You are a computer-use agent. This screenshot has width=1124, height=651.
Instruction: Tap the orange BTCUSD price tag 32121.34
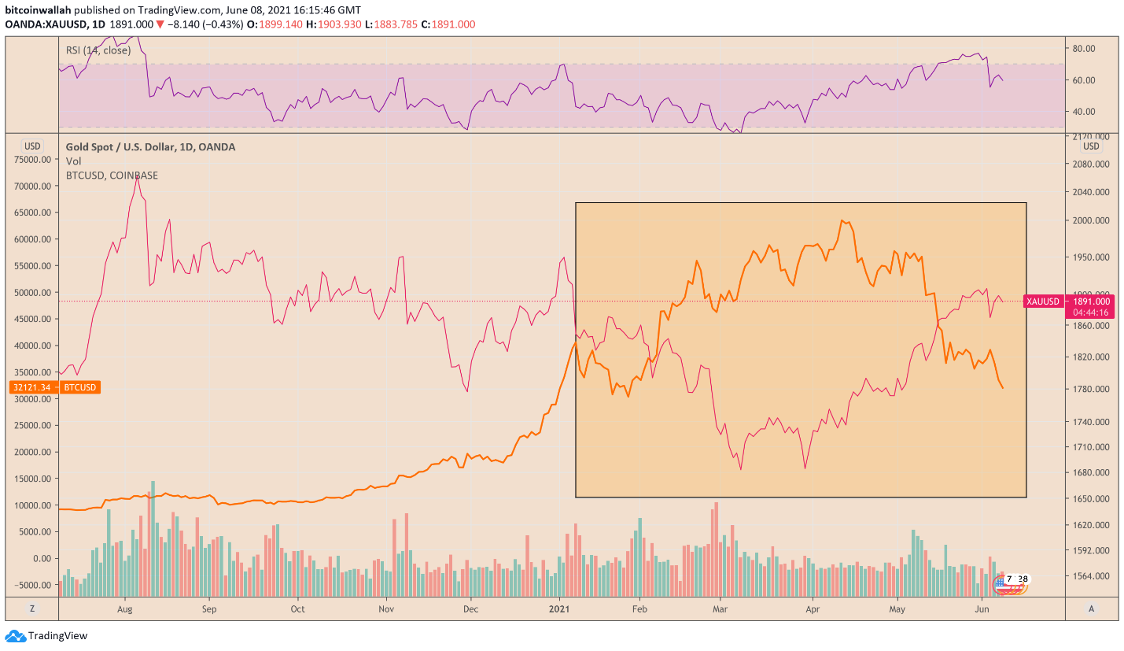(x=54, y=387)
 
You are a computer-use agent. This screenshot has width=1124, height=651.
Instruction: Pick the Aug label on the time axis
(x=124, y=608)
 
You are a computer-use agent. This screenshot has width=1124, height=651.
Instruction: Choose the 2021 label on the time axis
(x=559, y=608)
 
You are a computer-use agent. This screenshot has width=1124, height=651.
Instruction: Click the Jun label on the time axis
(x=982, y=608)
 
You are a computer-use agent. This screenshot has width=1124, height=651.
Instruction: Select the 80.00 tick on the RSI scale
(x=1084, y=48)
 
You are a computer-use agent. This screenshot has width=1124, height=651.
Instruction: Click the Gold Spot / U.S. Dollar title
(x=150, y=147)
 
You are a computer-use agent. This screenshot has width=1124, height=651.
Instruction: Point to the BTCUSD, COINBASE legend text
(x=112, y=176)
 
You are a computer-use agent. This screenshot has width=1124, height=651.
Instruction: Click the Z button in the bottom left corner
(x=32, y=608)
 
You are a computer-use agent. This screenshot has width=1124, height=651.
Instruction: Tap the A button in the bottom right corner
(x=1091, y=608)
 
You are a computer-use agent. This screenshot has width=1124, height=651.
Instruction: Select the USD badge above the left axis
(x=32, y=146)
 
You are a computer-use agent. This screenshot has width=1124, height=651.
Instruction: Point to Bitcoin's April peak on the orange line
(x=842, y=220)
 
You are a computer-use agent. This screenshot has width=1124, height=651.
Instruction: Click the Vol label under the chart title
(x=73, y=161)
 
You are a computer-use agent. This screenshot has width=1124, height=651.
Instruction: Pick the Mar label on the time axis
(x=718, y=608)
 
